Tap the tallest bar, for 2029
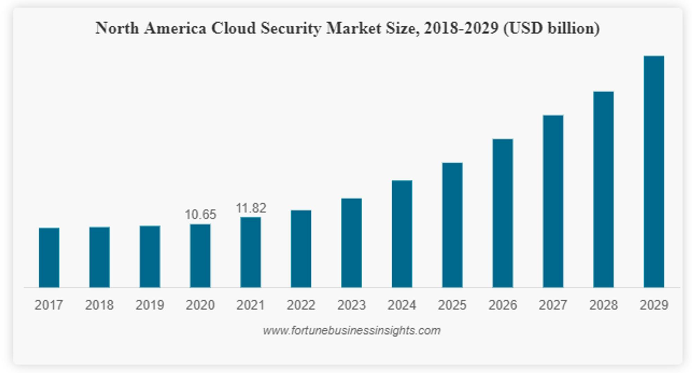(x=654, y=171)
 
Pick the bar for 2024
(x=402, y=234)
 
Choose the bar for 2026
(x=502, y=213)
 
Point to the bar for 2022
(x=301, y=249)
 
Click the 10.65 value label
(x=200, y=215)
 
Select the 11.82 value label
(x=251, y=208)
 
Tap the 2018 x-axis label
(x=99, y=305)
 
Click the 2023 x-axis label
(x=351, y=305)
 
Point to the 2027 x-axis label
(x=553, y=305)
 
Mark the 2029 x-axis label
(x=654, y=305)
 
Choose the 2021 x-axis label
(x=251, y=305)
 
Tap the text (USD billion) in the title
(x=552, y=28)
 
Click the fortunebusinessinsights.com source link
(x=352, y=330)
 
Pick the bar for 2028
(x=603, y=189)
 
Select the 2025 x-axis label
(x=452, y=305)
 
